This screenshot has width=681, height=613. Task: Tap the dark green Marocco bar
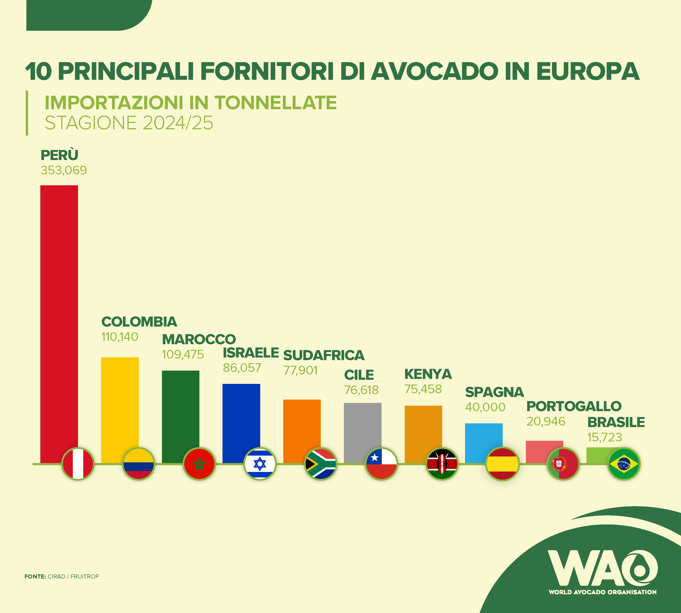[180, 411]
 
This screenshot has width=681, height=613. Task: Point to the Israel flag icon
[260, 464]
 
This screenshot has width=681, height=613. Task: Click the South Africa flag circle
[321, 464]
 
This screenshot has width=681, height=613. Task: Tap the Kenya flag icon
[442, 464]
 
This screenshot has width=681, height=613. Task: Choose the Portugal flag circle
[563, 464]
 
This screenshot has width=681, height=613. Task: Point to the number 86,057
[242, 368]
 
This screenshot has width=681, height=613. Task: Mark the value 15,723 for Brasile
[605, 437]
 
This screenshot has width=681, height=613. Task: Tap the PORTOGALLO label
[574, 406]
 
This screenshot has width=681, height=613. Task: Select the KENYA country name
[428, 374]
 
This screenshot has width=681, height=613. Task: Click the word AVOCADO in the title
[435, 72]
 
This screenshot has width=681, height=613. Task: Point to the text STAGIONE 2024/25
[129, 123]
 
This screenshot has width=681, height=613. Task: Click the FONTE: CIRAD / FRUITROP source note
[62, 577]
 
